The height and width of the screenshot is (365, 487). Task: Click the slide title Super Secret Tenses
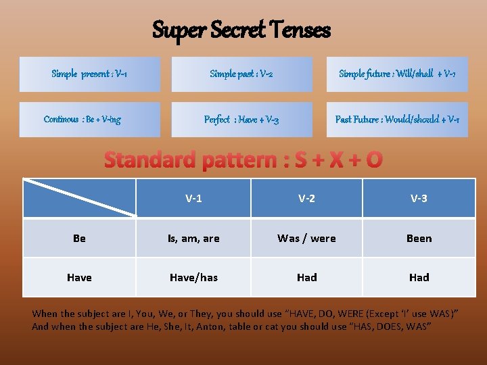tap(241, 30)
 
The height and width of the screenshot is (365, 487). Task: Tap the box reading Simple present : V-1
tap(89, 74)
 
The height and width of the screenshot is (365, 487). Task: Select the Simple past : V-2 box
tap(241, 74)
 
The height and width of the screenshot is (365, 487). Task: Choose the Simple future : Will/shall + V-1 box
tap(397, 74)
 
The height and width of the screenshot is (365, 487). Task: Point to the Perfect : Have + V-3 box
tap(241, 120)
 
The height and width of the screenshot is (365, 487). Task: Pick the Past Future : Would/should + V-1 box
tap(397, 120)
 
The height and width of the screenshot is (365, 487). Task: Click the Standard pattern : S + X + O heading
tap(243, 160)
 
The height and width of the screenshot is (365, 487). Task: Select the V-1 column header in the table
tap(193, 198)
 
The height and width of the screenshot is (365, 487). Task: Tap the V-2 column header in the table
tap(306, 198)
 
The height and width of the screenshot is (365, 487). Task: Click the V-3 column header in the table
tap(419, 198)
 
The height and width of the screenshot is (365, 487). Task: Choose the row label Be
tap(79, 238)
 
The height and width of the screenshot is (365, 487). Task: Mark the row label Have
tap(79, 277)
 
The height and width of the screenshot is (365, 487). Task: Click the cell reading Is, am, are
tap(193, 238)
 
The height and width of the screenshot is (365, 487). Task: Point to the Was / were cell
tap(306, 238)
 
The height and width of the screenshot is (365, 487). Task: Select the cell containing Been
tap(419, 238)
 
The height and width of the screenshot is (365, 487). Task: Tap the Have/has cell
tap(193, 277)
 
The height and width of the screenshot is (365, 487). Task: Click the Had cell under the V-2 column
tap(306, 277)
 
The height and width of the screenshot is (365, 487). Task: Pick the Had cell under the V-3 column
tap(419, 277)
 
